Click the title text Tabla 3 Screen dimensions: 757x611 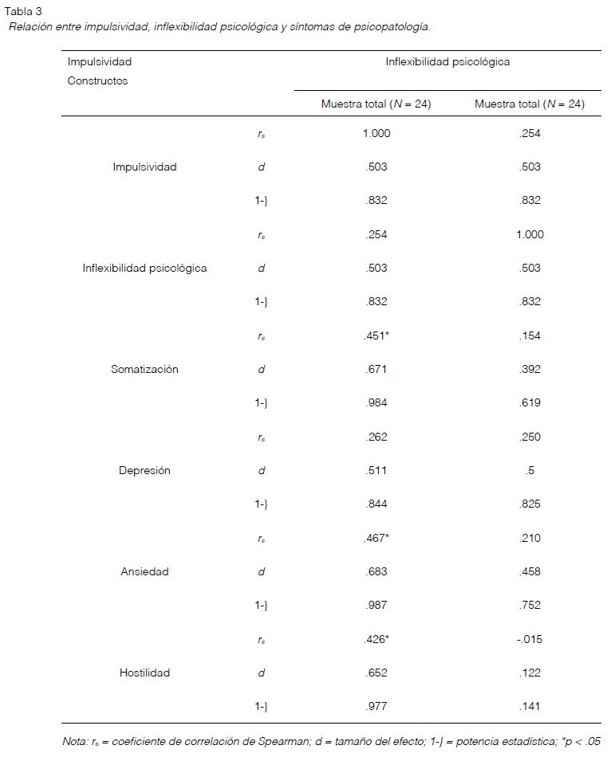click(x=23, y=11)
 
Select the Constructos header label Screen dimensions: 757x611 click(x=97, y=80)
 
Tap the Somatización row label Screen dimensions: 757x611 click(x=144, y=369)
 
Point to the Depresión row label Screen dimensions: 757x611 click(x=144, y=470)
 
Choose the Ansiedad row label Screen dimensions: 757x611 click(x=144, y=571)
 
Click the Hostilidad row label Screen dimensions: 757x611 click(x=144, y=673)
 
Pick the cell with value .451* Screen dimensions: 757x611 click(x=376, y=335)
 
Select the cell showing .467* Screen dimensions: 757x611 click(x=376, y=538)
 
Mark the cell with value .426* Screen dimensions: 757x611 click(x=376, y=639)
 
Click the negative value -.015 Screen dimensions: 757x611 click(x=529, y=639)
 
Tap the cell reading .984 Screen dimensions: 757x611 click(x=376, y=402)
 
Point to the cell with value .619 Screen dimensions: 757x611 click(x=530, y=402)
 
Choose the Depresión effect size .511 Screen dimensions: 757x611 click(x=376, y=470)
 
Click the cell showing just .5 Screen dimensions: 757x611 click(x=530, y=470)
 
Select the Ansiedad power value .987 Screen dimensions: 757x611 click(x=376, y=606)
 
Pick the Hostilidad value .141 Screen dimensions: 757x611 click(x=530, y=706)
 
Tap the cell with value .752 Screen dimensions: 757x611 click(x=530, y=606)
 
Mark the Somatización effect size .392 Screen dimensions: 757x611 click(x=530, y=369)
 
